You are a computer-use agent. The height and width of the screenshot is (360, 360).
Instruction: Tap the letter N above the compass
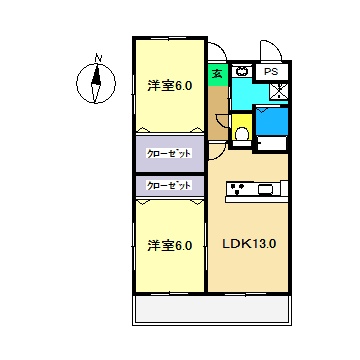[97, 57]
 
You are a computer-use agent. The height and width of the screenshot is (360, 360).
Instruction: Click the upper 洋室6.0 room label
[171, 85]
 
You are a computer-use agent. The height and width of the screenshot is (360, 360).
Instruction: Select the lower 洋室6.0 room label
[171, 245]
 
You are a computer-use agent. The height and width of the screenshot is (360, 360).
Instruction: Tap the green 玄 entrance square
[216, 73]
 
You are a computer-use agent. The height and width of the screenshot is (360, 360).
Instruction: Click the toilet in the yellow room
[242, 134]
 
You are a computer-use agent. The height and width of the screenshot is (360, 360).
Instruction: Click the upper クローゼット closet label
[170, 153]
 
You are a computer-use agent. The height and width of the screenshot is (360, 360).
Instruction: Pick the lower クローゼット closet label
[170, 185]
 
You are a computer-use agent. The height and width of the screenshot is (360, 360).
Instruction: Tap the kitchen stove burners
[238, 187]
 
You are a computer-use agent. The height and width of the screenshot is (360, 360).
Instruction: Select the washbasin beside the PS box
[242, 73]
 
